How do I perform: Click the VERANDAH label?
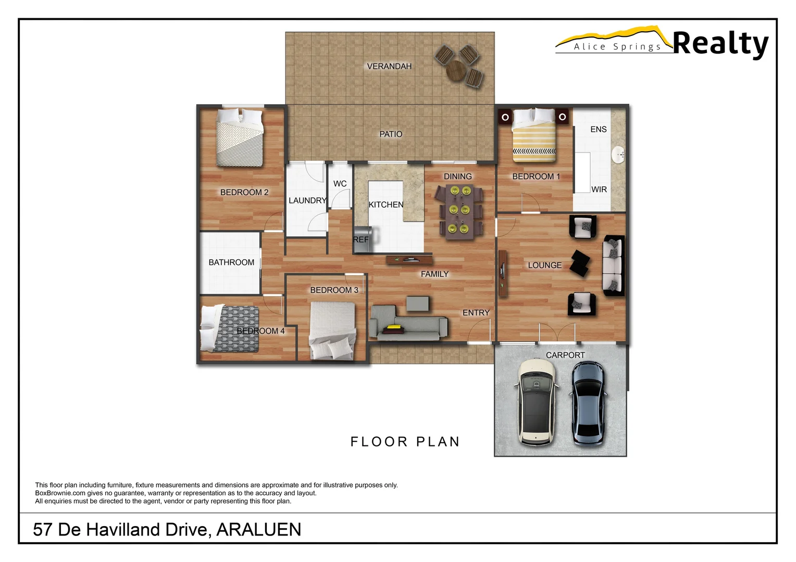(x=389, y=66)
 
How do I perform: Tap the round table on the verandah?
(x=457, y=70)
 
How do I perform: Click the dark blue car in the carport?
(x=589, y=404)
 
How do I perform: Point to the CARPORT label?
(x=565, y=355)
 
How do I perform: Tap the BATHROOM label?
(x=231, y=262)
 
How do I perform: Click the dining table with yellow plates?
(x=458, y=212)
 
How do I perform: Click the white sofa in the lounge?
(x=613, y=265)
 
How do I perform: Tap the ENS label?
(x=598, y=129)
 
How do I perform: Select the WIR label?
(x=599, y=189)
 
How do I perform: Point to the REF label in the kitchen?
(x=360, y=239)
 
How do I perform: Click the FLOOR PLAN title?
(x=405, y=442)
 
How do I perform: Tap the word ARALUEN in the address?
(x=258, y=529)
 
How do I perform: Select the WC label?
(x=340, y=184)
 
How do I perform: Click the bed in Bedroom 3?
(x=332, y=331)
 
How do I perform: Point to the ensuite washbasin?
(x=618, y=155)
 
